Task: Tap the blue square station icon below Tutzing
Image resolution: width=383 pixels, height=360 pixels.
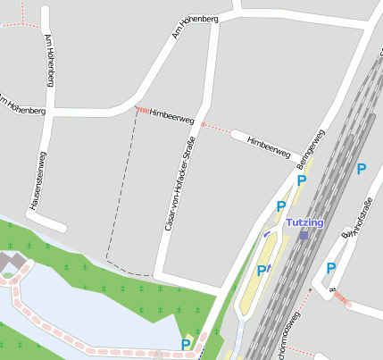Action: [x=304, y=235]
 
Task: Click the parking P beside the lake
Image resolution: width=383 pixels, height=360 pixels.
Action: [x=186, y=345]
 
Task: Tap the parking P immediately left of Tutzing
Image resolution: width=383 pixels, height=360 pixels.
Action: [x=281, y=206]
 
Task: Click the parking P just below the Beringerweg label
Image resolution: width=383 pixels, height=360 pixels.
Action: [x=302, y=180]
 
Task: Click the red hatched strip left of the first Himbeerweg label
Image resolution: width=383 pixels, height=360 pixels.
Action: [x=143, y=111]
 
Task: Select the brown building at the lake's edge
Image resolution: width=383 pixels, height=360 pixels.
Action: [x=10, y=262]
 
